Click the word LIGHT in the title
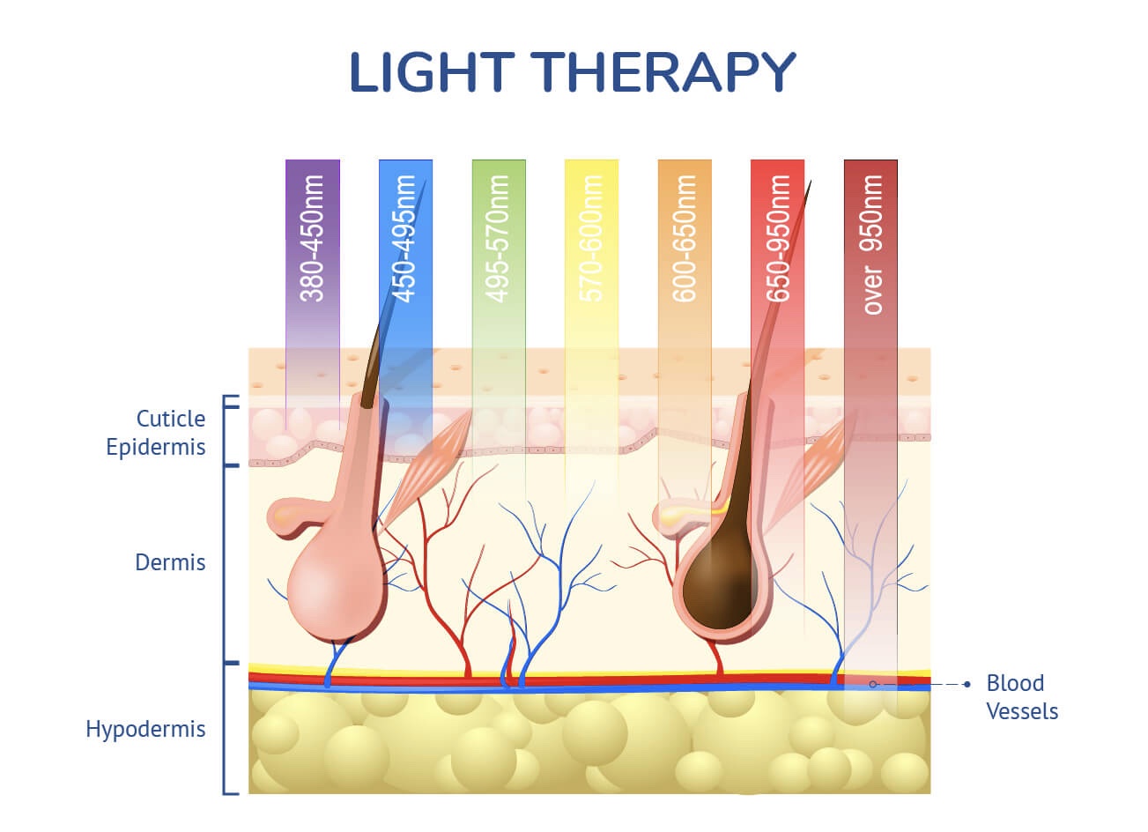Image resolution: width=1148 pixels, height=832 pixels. [432, 72]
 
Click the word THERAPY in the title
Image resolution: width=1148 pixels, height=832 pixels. [663, 72]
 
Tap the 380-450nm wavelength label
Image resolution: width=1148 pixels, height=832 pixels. [312, 238]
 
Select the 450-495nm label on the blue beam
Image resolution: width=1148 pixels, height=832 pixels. [404, 238]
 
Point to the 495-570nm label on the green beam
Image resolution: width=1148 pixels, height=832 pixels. [498, 238]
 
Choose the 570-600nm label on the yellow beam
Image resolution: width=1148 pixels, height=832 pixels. [591, 238]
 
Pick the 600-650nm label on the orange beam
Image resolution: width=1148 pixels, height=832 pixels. [685, 238]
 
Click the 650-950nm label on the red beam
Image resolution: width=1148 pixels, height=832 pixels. [777, 238]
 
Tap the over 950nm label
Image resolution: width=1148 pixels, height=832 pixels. [871, 244]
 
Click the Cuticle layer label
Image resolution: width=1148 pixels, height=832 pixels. [171, 419]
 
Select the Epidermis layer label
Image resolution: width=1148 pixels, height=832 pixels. [156, 448]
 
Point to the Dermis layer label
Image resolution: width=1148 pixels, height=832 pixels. [170, 562]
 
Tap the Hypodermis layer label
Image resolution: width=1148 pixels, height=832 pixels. [145, 730]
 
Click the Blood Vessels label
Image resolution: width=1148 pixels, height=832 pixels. [1022, 697]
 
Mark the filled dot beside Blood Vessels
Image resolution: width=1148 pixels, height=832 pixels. [967, 684]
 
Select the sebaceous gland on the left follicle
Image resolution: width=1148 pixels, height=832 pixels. [294, 516]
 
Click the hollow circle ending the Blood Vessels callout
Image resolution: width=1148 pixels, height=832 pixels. [873, 684]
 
